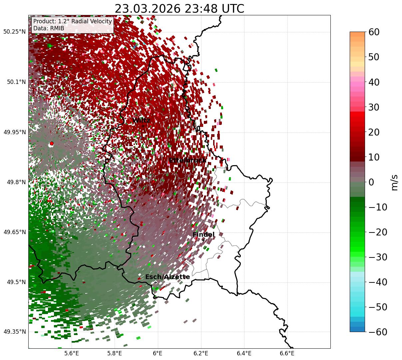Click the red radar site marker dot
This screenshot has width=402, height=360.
coord(51,144)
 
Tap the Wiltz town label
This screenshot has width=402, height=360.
coord(141,120)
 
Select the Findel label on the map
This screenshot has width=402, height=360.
coord(203,235)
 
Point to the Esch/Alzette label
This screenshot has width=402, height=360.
coord(168,277)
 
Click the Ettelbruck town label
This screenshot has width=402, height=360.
coord(188,161)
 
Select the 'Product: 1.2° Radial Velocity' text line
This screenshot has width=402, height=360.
coord(73,22)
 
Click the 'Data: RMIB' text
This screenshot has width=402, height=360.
coord(49,29)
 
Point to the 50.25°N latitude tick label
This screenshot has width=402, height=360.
coord(14,32)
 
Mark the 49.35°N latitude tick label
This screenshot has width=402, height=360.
coord(14,332)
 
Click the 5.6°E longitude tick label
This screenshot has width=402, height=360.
coord(72,353)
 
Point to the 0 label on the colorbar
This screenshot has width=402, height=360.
coord(371,182)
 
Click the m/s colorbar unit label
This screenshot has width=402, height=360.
coord(394,182)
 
